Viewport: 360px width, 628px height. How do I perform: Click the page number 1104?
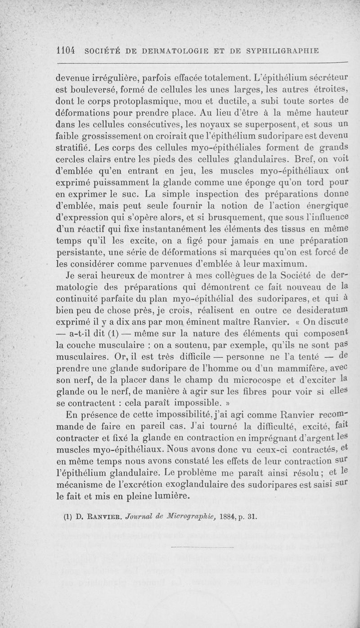67,50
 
